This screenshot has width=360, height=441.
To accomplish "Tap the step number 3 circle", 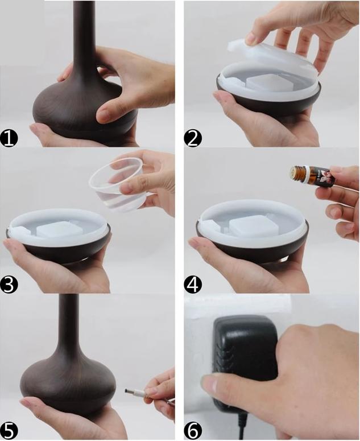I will click(x=10, y=284).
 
